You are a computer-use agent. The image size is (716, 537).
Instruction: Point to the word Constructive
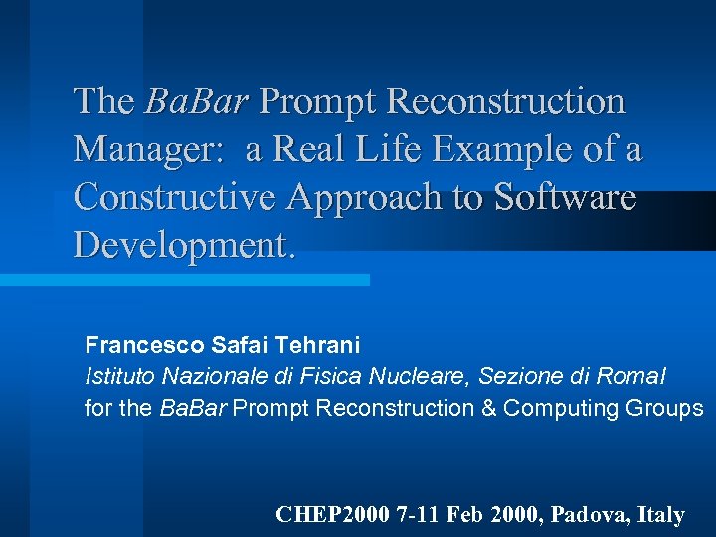[176, 197]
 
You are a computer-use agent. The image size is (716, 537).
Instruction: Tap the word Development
[185, 245]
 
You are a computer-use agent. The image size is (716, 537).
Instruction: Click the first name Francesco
[145, 345]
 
